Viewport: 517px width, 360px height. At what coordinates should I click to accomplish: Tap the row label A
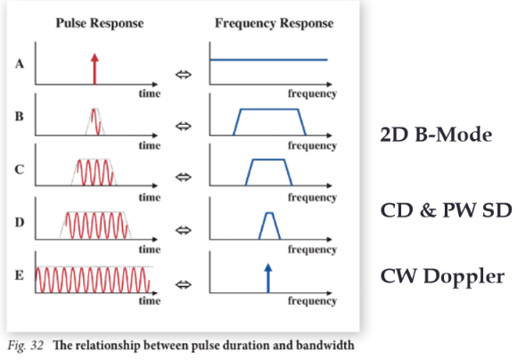tap(20, 64)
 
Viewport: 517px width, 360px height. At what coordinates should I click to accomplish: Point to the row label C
tap(20, 169)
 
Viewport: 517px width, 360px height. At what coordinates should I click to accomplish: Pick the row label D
tap(20, 222)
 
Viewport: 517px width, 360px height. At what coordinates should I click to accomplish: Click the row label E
tap(20, 275)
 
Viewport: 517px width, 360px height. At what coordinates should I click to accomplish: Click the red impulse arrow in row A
tap(94, 67)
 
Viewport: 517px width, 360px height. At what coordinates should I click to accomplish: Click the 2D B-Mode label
tap(436, 135)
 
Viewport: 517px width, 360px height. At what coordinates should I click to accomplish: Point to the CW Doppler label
tap(442, 275)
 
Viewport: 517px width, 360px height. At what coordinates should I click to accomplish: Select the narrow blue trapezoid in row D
tap(269, 226)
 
